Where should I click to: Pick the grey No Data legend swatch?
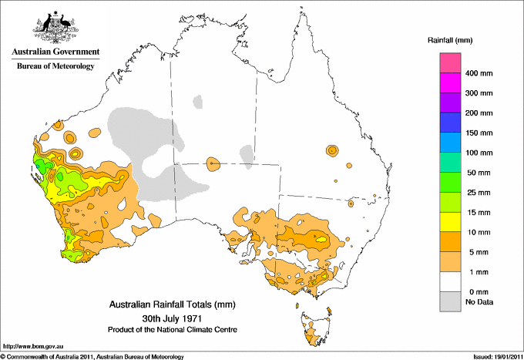[x=449, y=302]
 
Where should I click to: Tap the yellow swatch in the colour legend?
[x=449, y=222]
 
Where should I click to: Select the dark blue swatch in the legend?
[x=449, y=123]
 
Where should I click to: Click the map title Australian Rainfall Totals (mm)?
[x=170, y=304]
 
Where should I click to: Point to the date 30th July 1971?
[x=170, y=318]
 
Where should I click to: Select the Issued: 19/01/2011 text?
[x=492, y=355]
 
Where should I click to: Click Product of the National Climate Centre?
[x=171, y=330]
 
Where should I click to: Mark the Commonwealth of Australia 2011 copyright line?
[x=92, y=355]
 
